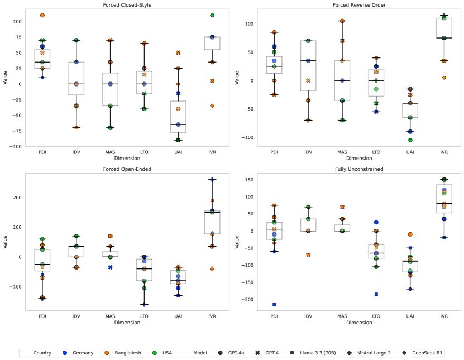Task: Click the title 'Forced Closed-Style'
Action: click(127, 5)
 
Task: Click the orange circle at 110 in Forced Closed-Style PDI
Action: click(42, 15)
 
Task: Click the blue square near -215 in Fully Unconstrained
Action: click(274, 304)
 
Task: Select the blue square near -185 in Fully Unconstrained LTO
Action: click(376, 294)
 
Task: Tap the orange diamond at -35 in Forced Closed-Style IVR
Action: click(212, 105)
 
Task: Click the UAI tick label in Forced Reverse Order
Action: click(410, 152)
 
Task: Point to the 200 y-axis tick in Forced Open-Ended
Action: click(15, 198)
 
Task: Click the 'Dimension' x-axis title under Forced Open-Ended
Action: click(127, 323)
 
